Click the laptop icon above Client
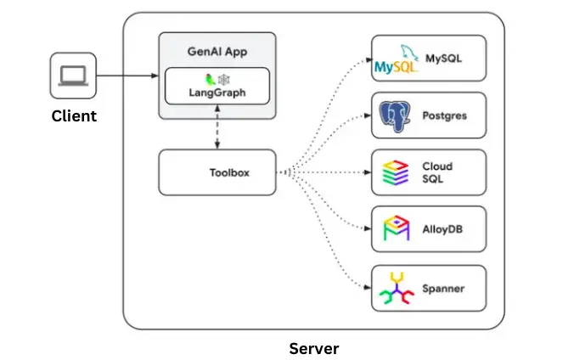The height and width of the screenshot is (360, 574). click(72, 76)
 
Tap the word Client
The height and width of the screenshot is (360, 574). click(73, 115)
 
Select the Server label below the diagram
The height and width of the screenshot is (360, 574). click(314, 348)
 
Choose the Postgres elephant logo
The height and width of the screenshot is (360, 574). click(395, 115)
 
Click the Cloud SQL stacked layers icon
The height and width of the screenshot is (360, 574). click(395, 172)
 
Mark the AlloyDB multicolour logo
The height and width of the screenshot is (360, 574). click(395, 229)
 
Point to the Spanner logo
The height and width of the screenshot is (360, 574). click(395, 287)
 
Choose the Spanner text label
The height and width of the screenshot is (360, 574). click(443, 288)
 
